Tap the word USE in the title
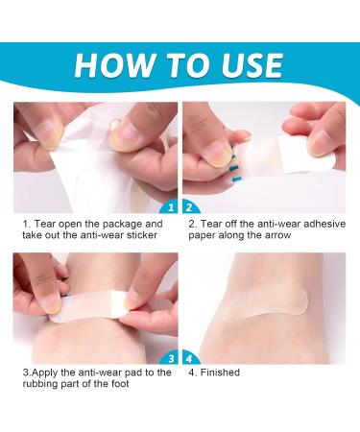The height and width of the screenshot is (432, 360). (x=248, y=64)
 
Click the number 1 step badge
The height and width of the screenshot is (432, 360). (x=169, y=205)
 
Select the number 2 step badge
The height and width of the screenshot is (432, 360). (x=191, y=205)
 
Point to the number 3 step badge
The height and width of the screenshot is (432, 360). (x=169, y=354)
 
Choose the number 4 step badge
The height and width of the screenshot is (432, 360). (x=191, y=354)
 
